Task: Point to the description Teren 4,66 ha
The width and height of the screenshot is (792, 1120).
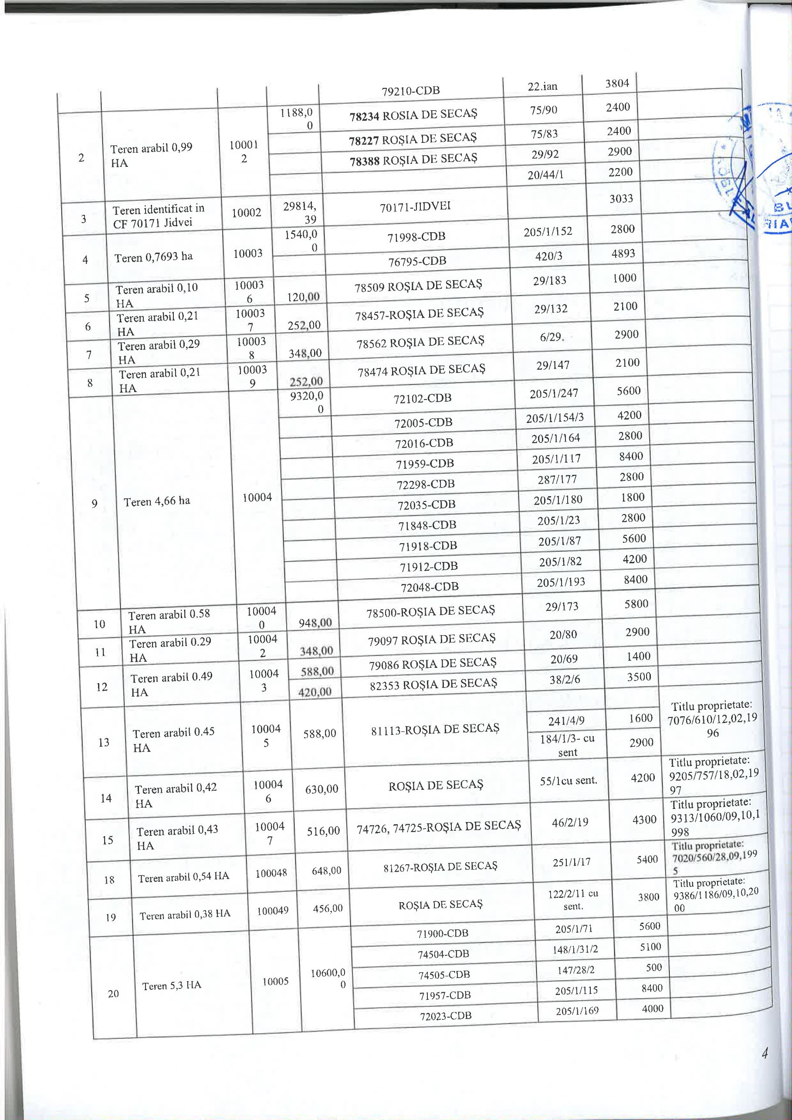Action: pos(156,501)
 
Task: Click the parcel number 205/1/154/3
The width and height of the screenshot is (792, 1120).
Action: pos(555,418)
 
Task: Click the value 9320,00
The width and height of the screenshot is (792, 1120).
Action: pos(307,403)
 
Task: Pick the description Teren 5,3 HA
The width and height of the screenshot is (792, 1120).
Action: pos(172,985)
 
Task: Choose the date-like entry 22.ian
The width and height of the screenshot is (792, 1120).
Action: pos(542,87)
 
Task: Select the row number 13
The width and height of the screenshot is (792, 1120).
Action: pos(104,742)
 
